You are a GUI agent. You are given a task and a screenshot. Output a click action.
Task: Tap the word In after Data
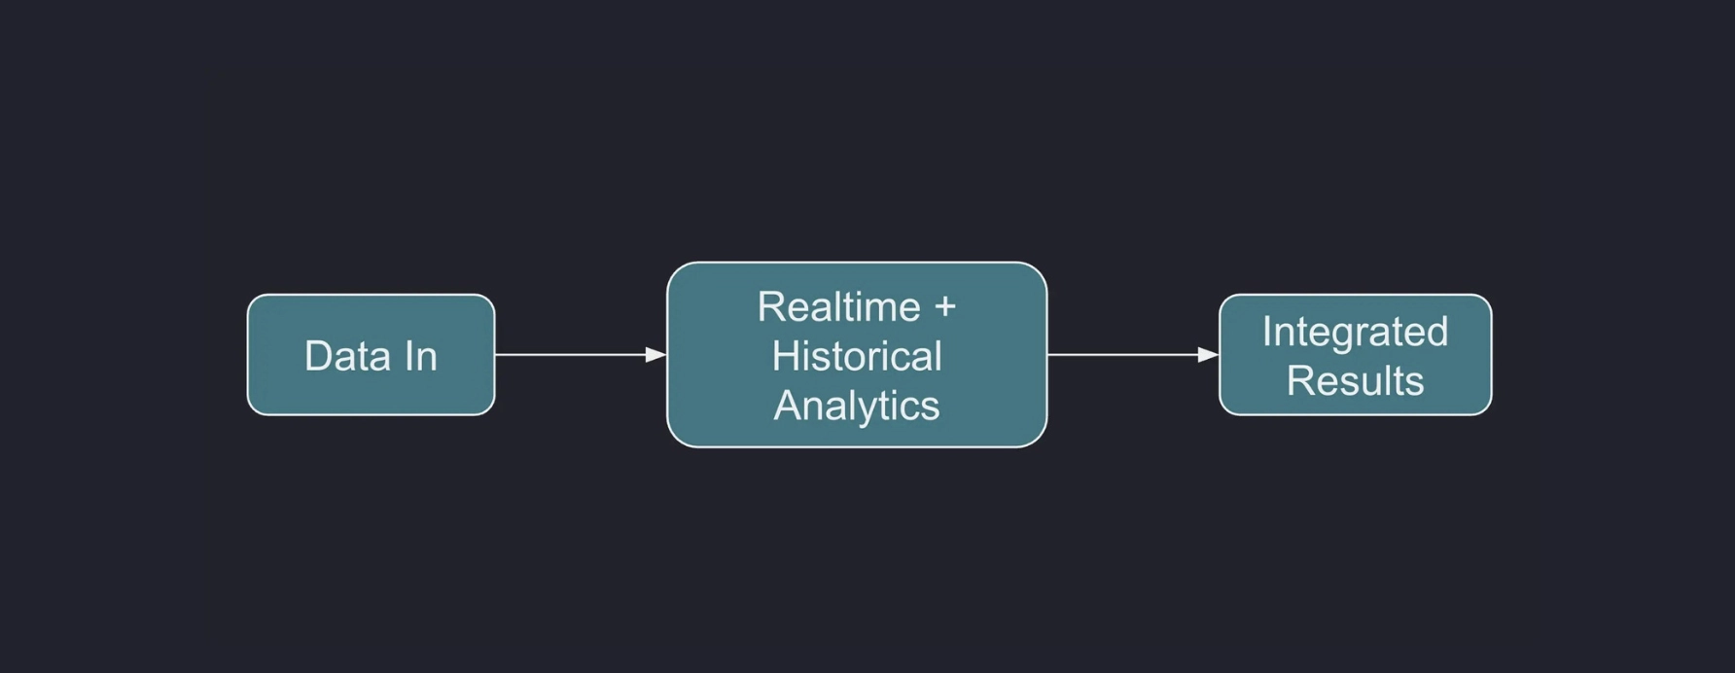[x=420, y=356]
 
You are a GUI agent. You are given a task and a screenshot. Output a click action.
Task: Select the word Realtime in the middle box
[x=838, y=307]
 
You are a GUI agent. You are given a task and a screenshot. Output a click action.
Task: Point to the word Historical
[x=857, y=356]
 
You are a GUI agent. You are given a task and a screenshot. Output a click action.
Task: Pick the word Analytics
[x=857, y=407]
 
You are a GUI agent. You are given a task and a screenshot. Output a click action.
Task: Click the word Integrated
[x=1355, y=334]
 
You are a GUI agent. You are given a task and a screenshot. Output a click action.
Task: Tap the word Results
[x=1355, y=380]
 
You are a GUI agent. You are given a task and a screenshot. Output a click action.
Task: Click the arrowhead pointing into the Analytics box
[x=655, y=355]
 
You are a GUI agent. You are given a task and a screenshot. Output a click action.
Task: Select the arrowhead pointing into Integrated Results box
[x=1208, y=355]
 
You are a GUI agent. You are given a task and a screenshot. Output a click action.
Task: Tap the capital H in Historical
[x=786, y=356]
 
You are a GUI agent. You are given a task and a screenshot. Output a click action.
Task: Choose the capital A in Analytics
[x=788, y=405]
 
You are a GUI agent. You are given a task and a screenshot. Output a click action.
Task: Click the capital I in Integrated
[x=1266, y=332]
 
